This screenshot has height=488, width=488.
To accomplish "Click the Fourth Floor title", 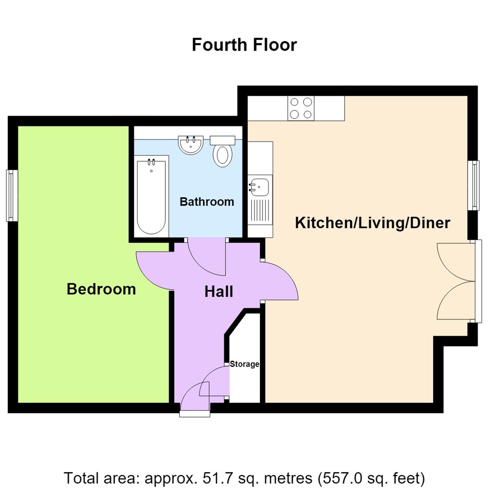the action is (x=244, y=45).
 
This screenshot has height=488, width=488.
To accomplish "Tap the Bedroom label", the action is (x=101, y=289).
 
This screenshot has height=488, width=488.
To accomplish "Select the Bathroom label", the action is (x=206, y=202).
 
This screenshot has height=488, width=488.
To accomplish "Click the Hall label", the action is (x=219, y=291).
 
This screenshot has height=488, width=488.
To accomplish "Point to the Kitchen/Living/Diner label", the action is (x=372, y=223).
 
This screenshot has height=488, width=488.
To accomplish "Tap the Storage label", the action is (x=244, y=364).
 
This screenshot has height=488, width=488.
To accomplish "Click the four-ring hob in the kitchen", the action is (x=301, y=108).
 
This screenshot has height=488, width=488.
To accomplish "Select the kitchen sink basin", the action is (x=260, y=187).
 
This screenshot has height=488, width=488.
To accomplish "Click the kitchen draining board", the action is (x=260, y=211).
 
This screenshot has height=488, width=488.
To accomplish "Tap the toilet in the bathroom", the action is (x=222, y=151).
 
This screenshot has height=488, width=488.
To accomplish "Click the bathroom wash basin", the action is (x=191, y=145).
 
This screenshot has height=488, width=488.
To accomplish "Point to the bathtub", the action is (x=151, y=197).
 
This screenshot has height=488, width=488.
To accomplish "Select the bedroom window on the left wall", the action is (x=12, y=196).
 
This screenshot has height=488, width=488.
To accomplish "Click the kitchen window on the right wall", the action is (x=474, y=186).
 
